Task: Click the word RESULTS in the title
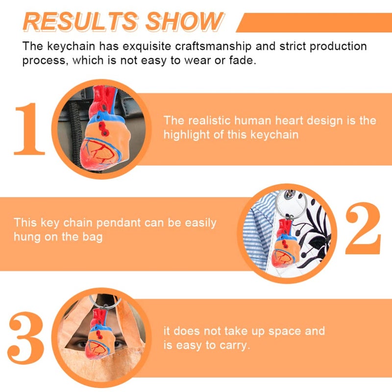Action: [80, 22]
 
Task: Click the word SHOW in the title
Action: [184, 22]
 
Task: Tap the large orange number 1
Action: [29, 129]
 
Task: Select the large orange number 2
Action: [363, 228]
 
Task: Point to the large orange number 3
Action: [26, 338]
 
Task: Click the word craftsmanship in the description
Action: [213, 47]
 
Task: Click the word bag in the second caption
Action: [93, 237]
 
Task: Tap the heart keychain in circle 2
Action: [286, 244]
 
